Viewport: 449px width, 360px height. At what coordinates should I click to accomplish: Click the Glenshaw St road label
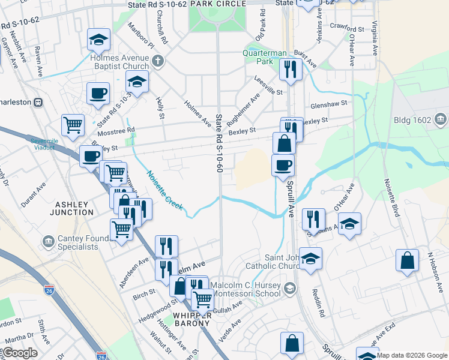(328, 103)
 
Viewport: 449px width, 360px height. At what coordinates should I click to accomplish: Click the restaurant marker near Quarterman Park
(291, 69)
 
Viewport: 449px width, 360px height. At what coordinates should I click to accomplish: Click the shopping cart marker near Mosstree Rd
(73, 125)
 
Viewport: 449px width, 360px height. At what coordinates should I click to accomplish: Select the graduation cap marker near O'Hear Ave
(349, 223)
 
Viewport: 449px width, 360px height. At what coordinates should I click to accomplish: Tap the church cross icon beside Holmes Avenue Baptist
(157, 61)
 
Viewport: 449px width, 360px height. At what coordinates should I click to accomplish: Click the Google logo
(20, 353)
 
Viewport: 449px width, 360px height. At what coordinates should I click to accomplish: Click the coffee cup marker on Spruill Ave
(283, 164)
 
